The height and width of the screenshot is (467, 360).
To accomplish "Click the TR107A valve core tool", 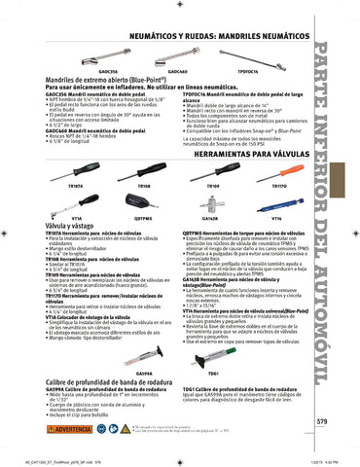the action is (x=78, y=169).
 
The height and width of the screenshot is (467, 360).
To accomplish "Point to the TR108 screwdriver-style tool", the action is (x=144, y=167).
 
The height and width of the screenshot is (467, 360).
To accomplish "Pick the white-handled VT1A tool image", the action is (x=78, y=201).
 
